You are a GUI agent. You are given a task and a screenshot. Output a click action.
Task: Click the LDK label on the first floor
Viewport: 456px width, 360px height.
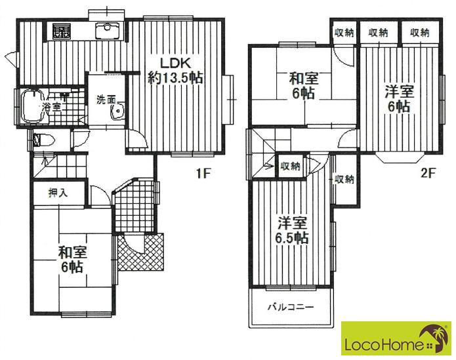tap(175, 63)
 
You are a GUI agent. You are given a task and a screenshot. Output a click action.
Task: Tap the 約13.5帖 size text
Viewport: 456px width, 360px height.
tap(175, 78)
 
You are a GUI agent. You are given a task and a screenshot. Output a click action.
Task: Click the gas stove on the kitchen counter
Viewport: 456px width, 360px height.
tap(62, 31)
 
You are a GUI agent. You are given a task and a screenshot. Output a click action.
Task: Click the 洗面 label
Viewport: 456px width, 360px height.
tap(106, 100)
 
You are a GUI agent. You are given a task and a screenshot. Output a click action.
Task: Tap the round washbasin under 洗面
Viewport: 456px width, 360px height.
tap(118, 111)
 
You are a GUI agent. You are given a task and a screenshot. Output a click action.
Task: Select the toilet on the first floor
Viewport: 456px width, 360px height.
tap(43, 140)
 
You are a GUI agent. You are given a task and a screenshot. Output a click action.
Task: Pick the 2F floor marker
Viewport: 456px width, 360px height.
tap(428, 174)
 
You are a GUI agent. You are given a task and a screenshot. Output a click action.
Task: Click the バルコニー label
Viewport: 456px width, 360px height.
tap(291, 307)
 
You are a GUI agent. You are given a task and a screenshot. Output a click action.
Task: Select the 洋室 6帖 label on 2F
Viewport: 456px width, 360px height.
tap(400, 99)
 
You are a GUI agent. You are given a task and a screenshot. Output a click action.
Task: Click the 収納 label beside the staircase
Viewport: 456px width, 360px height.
tap(290, 167)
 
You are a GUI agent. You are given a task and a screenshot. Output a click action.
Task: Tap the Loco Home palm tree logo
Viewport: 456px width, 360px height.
tap(434, 337)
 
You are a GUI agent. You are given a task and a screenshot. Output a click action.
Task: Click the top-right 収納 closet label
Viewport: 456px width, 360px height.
tap(420, 33)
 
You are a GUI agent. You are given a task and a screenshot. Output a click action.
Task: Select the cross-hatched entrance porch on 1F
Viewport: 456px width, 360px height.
tap(141, 252)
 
